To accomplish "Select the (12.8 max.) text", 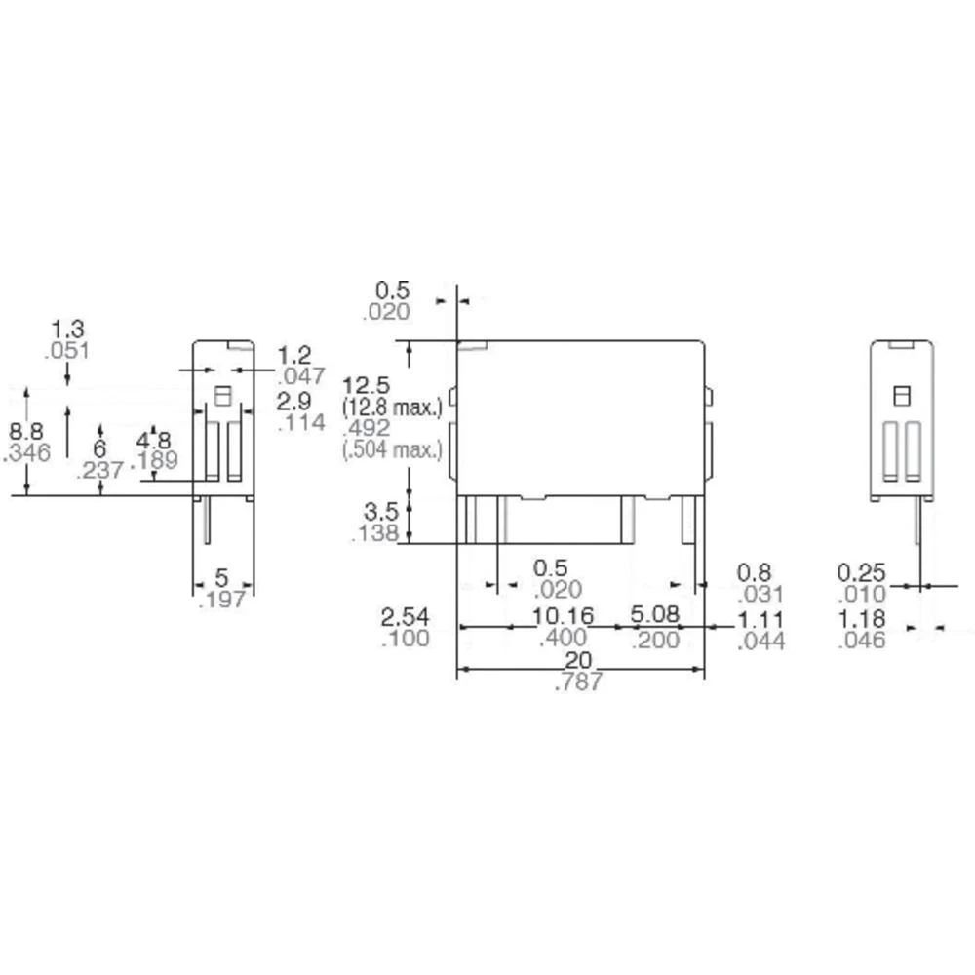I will click(x=393, y=405).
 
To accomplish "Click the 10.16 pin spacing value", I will click(x=563, y=617).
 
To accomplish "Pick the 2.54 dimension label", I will click(x=403, y=617).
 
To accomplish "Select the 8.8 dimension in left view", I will click(x=26, y=431).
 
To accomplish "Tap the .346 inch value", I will click(x=26, y=452).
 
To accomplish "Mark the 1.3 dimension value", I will click(x=66, y=329).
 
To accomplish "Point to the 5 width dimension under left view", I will click(x=221, y=578).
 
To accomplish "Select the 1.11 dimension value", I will click(x=760, y=619).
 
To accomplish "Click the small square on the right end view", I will click(x=902, y=395).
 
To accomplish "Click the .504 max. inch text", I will click(x=393, y=448).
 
